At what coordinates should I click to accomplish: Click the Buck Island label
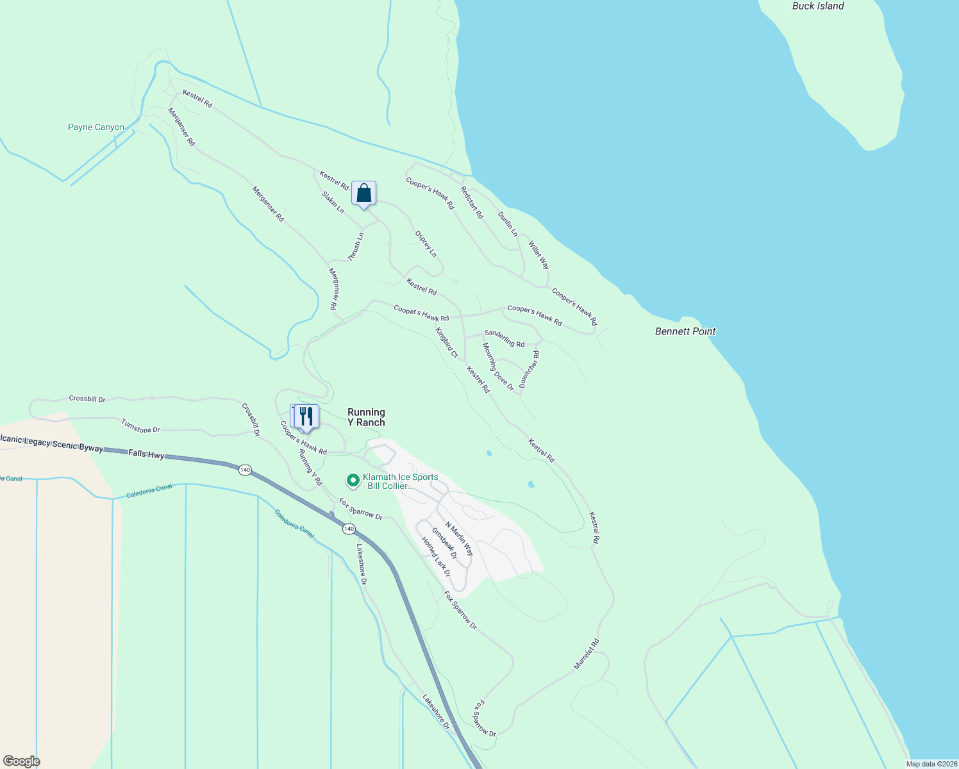click(x=818, y=6)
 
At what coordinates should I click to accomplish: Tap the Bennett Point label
click(x=685, y=331)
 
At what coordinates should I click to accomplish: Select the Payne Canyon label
click(x=96, y=128)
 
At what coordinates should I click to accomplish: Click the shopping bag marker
click(x=363, y=193)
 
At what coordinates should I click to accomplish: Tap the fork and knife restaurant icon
click(x=306, y=417)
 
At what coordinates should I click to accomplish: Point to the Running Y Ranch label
click(x=366, y=417)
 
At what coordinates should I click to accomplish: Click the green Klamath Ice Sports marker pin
click(x=353, y=480)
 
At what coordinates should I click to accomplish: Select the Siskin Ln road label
click(x=333, y=202)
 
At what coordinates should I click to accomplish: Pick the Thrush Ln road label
click(x=356, y=247)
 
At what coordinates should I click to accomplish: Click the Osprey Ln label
click(x=426, y=244)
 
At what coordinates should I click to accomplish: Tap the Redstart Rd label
click(x=472, y=203)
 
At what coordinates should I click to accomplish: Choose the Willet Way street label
click(x=539, y=255)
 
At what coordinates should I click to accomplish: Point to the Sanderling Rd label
click(x=505, y=338)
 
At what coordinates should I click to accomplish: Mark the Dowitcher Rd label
click(x=530, y=369)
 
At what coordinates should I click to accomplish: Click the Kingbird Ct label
click(x=447, y=343)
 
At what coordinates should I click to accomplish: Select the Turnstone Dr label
click(x=140, y=426)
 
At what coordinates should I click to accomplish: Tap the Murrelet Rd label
click(x=587, y=654)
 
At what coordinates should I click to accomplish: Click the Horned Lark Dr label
click(x=436, y=556)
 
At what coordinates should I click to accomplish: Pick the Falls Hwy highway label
click(x=146, y=454)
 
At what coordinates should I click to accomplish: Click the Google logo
click(x=22, y=761)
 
